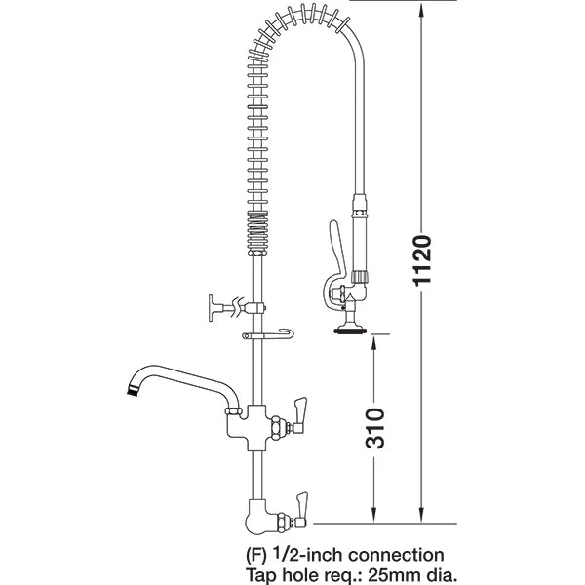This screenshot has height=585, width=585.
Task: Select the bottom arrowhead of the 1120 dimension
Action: (421, 518)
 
